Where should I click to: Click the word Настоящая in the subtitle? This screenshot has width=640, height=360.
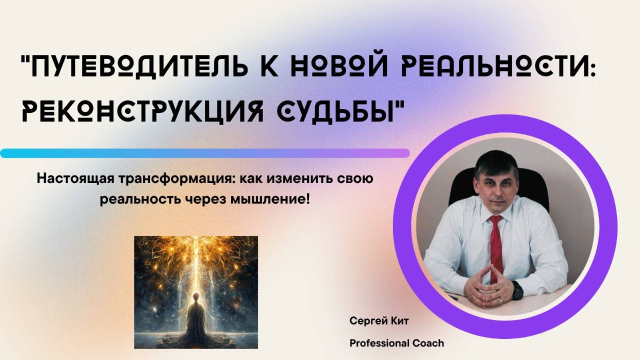(x=76, y=178)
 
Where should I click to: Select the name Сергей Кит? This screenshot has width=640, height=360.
(x=379, y=321)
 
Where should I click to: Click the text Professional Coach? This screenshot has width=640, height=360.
(x=396, y=343)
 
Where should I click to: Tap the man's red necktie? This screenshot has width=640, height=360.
(x=496, y=244)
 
